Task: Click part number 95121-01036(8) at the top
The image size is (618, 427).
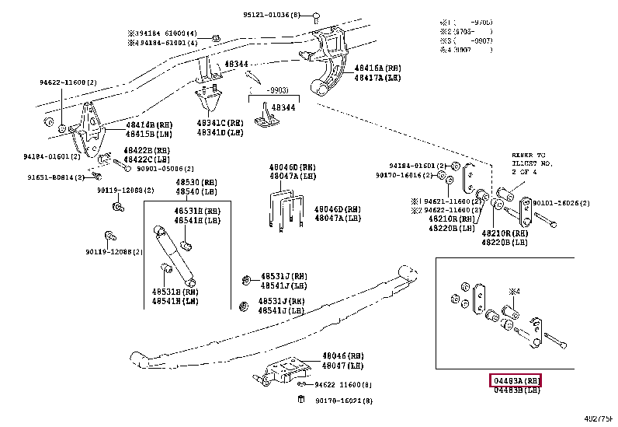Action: click(274, 15)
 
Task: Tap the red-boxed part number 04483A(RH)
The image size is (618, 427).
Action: click(515, 380)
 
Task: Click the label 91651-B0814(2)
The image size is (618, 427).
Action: click(53, 177)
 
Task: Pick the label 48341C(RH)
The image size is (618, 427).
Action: click(220, 124)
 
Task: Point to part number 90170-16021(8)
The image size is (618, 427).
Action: click(342, 401)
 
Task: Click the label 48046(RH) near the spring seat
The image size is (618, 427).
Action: click(343, 355)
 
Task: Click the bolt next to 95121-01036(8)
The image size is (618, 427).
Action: click(316, 16)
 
